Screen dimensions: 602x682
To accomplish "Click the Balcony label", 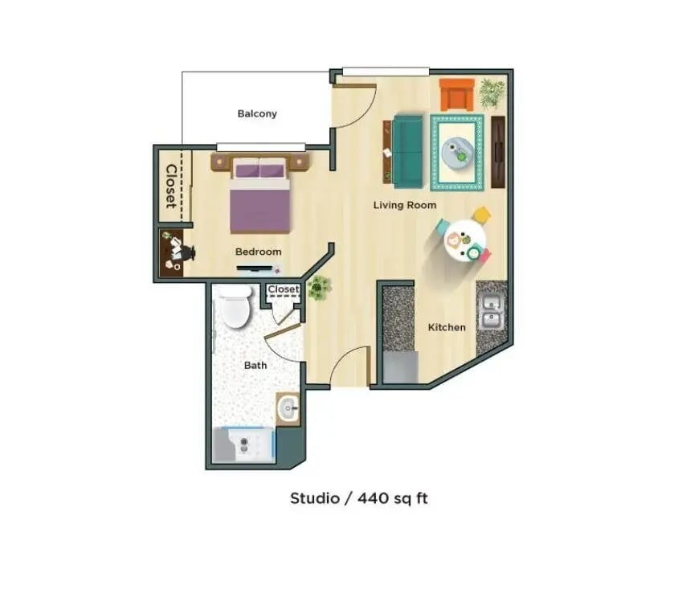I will pyautogui.click(x=257, y=113).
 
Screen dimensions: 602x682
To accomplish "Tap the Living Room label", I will pyautogui.click(x=405, y=205).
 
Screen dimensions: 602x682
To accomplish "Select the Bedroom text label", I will pyautogui.click(x=259, y=252).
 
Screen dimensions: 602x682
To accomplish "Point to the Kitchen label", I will pyautogui.click(x=447, y=327).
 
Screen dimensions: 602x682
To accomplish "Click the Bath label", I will pyautogui.click(x=255, y=365).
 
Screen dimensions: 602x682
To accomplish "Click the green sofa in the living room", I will pyautogui.click(x=407, y=149).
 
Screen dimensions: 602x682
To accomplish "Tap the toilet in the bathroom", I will pyautogui.click(x=236, y=310).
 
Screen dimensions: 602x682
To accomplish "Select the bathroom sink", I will pyautogui.click(x=287, y=410).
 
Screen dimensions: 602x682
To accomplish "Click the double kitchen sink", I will pyautogui.click(x=491, y=313).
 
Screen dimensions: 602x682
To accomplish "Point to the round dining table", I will pyautogui.click(x=464, y=240).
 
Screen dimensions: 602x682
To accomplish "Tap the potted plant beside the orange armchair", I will pyautogui.click(x=492, y=92).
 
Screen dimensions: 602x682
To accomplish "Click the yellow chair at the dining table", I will pyautogui.click(x=481, y=215).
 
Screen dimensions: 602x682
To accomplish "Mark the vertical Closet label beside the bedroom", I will pyautogui.click(x=171, y=186).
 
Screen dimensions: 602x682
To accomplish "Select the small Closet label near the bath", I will pyautogui.click(x=283, y=289).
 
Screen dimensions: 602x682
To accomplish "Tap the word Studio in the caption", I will pyautogui.click(x=313, y=498).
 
